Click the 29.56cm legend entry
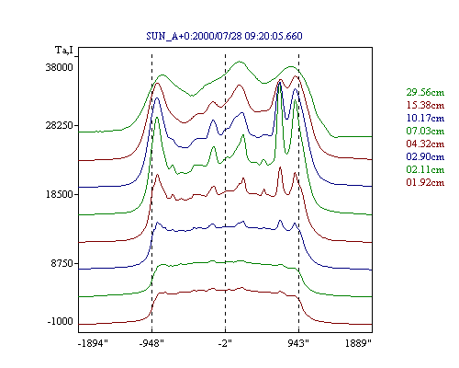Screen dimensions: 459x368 [425, 92]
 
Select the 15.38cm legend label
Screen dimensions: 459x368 [425, 105]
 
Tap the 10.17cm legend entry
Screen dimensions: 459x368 [425, 118]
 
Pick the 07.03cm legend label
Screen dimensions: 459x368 [425, 131]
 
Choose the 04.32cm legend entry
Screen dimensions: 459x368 [425, 144]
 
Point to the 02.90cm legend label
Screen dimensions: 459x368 [425, 156]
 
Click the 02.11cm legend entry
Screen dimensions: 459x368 [425, 169]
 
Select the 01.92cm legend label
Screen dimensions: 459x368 [425, 182]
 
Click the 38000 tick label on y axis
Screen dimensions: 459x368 [60, 67]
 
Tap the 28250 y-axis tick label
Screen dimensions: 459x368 [60, 125]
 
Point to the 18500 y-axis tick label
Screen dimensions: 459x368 [60, 194]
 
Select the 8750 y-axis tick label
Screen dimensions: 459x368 [62, 263]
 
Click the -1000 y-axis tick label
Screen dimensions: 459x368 [61, 321]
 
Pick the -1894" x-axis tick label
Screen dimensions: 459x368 [94, 343]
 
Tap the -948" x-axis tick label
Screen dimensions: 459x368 [151, 343]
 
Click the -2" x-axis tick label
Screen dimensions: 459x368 [225, 343]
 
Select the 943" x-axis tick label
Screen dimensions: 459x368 [298, 343]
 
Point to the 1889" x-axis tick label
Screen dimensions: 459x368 [358, 343]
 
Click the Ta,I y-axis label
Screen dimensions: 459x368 [64, 50]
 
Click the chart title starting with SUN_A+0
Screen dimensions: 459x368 [224, 36]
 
